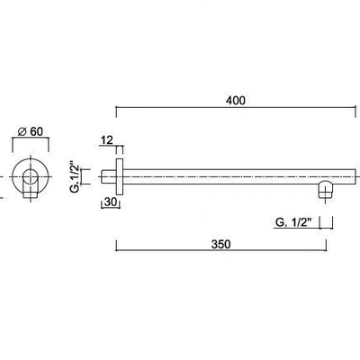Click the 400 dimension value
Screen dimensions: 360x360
coord(236,101)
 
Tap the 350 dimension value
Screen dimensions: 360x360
coord(221,244)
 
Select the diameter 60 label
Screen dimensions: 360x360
coord(31,131)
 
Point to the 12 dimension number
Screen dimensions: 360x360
coord(107,140)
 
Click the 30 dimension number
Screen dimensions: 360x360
coord(111,202)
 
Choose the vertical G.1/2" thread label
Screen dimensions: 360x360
coord(75,177)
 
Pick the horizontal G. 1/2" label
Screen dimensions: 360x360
coord(292,223)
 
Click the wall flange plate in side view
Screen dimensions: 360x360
coord(120,176)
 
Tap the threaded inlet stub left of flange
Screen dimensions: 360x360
coord(109,176)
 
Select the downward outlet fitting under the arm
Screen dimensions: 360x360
coord(325,190)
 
